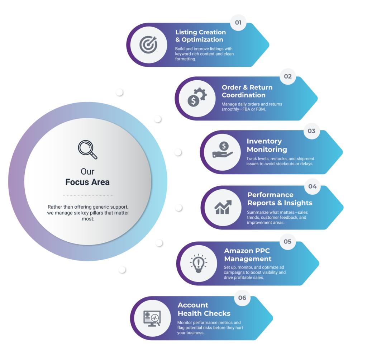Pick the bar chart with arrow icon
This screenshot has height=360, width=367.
[223, 207]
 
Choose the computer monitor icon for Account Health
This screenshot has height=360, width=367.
[152, 318]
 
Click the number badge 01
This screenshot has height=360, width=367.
[238, 23]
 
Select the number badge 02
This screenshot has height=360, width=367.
[288, 76]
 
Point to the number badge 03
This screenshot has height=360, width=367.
[311, 131]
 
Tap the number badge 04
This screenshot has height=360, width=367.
[312, 186]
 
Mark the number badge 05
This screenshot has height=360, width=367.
[287, 242]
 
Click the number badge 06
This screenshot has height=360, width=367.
[242, 298]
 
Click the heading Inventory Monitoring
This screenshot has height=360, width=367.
[267, 145]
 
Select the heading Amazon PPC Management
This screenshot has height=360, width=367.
[248, 255]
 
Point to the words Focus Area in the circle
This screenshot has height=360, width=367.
[87, 182]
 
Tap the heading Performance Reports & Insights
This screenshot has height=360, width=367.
[280, 199]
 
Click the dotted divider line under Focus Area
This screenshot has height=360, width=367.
[88, 195]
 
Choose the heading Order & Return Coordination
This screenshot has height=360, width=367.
[247, 91]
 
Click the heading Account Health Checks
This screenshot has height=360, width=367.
[204, 309]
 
